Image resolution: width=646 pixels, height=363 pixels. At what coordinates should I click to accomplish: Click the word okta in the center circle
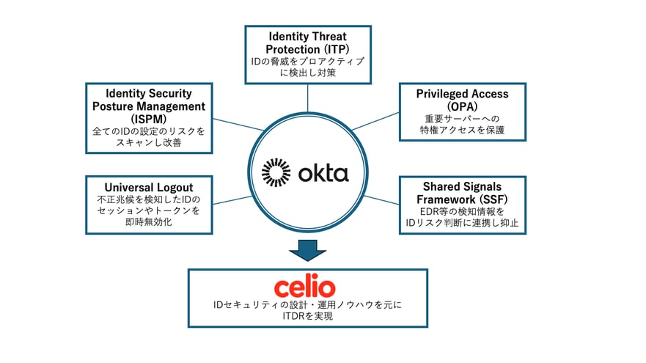323,174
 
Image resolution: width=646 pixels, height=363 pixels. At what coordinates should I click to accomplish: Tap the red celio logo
304,286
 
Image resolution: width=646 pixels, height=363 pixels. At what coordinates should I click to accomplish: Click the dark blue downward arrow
307,251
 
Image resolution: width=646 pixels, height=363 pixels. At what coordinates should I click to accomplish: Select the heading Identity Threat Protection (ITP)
307,43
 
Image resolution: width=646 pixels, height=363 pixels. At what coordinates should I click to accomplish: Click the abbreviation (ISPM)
149,119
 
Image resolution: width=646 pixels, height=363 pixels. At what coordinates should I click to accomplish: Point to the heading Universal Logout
149,187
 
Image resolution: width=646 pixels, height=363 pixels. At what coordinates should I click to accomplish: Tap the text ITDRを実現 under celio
307,316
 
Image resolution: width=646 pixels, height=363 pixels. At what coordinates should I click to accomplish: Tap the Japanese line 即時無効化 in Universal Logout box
149,221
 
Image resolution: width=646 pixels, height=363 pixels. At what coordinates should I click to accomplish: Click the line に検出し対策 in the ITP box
307,73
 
